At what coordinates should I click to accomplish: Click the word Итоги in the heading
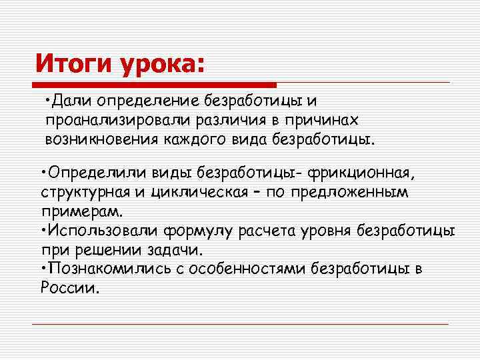74,64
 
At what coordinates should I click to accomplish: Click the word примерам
80,211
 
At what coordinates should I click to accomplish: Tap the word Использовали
99,231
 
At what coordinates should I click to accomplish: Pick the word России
69,289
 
